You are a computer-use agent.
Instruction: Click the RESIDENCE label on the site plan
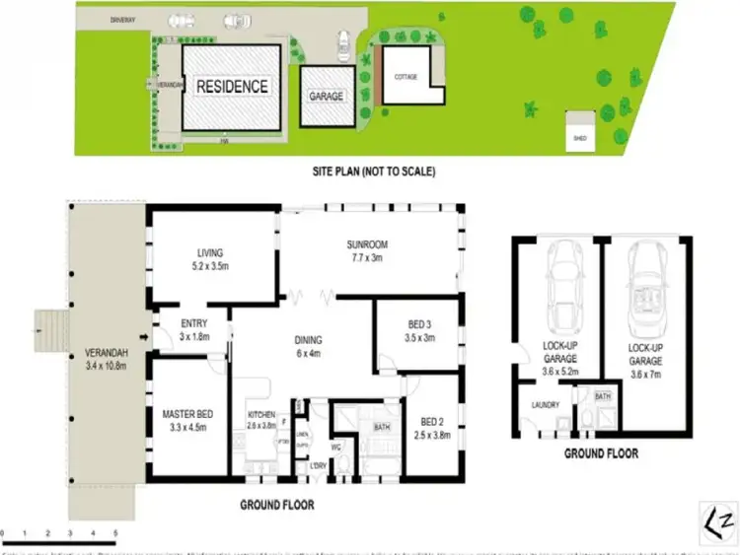point(232,86)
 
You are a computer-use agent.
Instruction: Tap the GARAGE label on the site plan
point(327,97)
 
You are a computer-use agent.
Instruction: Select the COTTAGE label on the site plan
point(406,76)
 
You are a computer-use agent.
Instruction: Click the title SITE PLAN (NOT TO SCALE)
point(372,171)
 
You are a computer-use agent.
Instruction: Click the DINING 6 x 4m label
point(308,348)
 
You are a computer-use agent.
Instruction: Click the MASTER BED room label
point(187,421)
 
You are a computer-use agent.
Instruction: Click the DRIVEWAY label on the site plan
point(97,17)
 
